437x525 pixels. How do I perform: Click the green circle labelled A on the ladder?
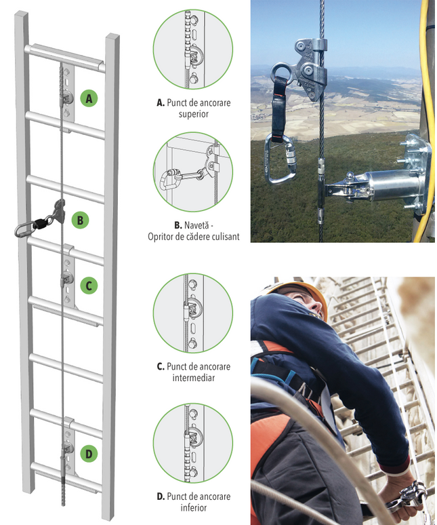pyautogui.click(x=89, y=98)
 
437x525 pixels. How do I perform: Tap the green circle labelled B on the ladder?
pyautogui.click(x=80, y=220)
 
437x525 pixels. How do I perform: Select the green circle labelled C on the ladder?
pyautogui.click(x=89, y=286)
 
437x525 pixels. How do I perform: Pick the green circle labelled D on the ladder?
pyautogui.click(x=89, y=454)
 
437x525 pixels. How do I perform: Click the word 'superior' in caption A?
pyautogui.click(x=194, y=114)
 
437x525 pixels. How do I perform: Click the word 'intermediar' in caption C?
pyautogui.click(x=194, y=378)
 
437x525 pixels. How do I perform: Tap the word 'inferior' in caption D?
pyautogui.click(x=194, y=507)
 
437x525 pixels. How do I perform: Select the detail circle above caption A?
pyautogui.click(x=193, y=50)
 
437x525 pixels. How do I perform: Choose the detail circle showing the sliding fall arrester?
pyautogui.click(x=193, y=172)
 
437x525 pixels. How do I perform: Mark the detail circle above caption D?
pyautogui.click(x=193, y=443)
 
